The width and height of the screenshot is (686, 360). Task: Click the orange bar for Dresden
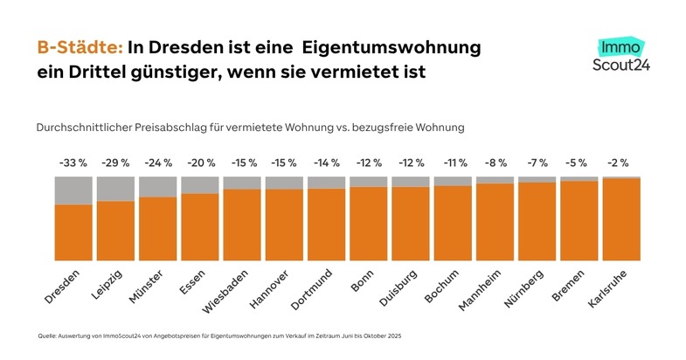click(x=73, y=232)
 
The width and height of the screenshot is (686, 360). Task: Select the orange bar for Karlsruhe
click(x=621, y=219)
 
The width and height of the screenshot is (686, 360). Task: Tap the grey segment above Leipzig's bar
click(x=115, y=189)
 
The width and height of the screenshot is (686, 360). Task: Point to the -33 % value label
click(x=73, y=163)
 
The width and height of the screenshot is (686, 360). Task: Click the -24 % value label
click(x=157, y=163)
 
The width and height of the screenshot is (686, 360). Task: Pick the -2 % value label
click(x=621, y=163)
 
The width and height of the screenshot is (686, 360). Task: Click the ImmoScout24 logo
click(x=620, y=54)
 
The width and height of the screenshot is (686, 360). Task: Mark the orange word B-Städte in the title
click(x=80, y=46)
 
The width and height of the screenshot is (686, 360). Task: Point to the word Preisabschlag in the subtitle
click(x=173, y=127)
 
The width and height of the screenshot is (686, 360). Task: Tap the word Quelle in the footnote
click(x=46, y=336)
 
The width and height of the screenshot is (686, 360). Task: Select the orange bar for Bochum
click(x=453, y=223)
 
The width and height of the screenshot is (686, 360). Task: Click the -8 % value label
click(x=495, y=163)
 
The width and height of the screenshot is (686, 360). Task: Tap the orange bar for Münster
click(x=157, y=229)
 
